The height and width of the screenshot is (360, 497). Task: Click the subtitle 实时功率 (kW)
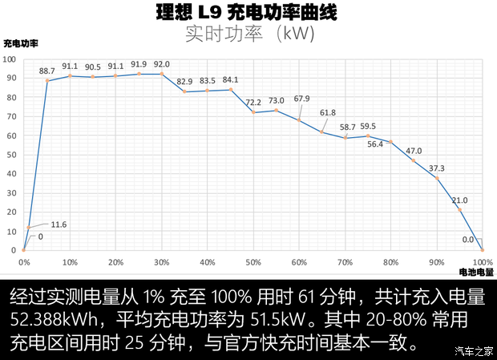[x=248, y=34]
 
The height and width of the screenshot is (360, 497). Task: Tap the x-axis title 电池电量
[x=476, y=273]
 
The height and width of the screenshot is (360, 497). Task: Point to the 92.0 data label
[x=162, y=65]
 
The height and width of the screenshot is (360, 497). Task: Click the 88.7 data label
[x=46, y=71]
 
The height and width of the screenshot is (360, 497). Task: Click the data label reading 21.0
[x=460, y=200]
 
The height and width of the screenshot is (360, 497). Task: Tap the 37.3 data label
[x=436, y=168]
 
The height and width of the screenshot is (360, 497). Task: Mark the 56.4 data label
[x=375, y=144]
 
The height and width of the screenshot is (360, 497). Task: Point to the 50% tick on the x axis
[x=253, y=262]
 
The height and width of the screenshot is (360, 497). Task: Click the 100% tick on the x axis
[x=482, y=262]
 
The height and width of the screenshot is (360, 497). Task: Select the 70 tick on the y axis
[x=10, y=116]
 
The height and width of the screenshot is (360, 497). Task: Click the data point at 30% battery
[x=162, y=74]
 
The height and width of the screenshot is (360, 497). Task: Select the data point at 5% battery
[x=47, y=80]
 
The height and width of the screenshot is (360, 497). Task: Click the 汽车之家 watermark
[x=473, y=350]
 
